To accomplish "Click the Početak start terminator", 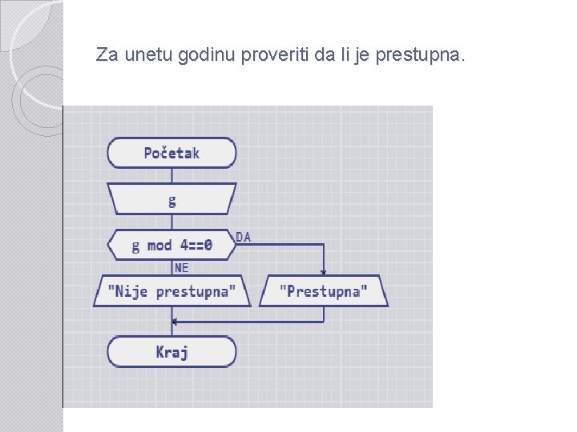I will [171, 153].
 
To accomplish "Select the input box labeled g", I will [171, 199].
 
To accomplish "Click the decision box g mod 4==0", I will [171, 245].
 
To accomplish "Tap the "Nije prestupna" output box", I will [171, 291].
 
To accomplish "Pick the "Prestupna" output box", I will [324, 291].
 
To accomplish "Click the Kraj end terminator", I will [171, 352].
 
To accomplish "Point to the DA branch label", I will [243, 237].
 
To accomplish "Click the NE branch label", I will [182, 268].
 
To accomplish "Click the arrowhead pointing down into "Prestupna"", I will [324, 271].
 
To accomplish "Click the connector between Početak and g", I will [171, 175].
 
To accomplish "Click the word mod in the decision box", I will [159, 245].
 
